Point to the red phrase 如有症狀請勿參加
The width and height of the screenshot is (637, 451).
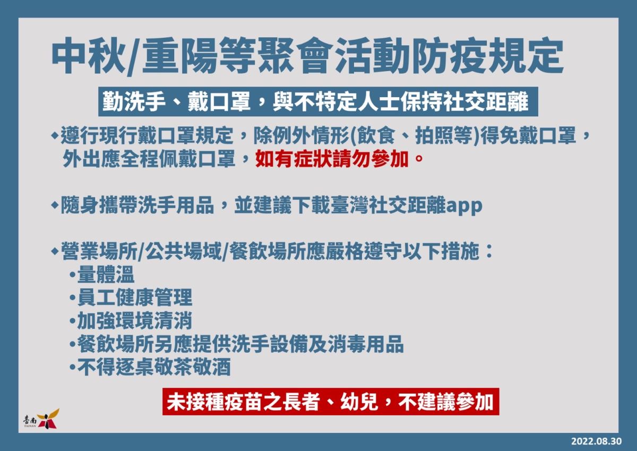click(332, 159)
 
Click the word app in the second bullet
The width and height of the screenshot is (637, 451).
click(464, 206)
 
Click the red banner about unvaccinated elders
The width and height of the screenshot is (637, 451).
click(331, 402)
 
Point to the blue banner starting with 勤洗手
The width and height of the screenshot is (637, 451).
click(318, 101)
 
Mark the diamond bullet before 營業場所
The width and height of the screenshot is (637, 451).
click(54, 251)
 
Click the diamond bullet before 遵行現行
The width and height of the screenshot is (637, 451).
click(54, 136)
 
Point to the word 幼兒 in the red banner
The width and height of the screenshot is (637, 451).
click(359, 402)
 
